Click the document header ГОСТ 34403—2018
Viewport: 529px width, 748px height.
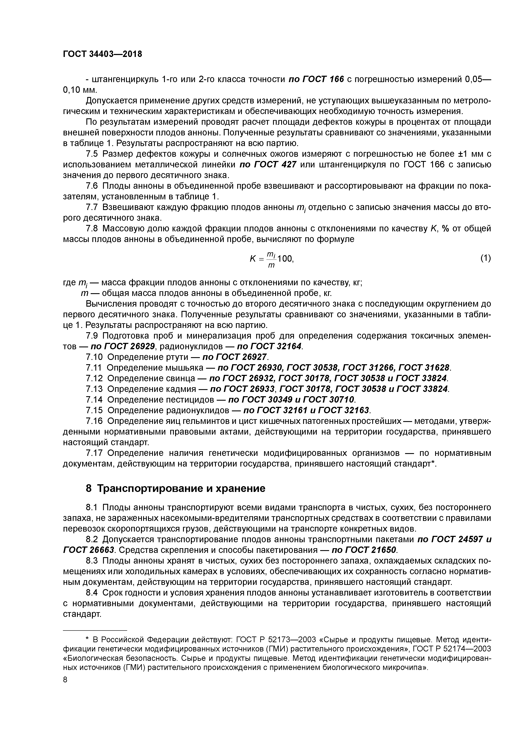[x=102, y=54]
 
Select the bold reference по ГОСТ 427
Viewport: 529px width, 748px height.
[x=268, y=165]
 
